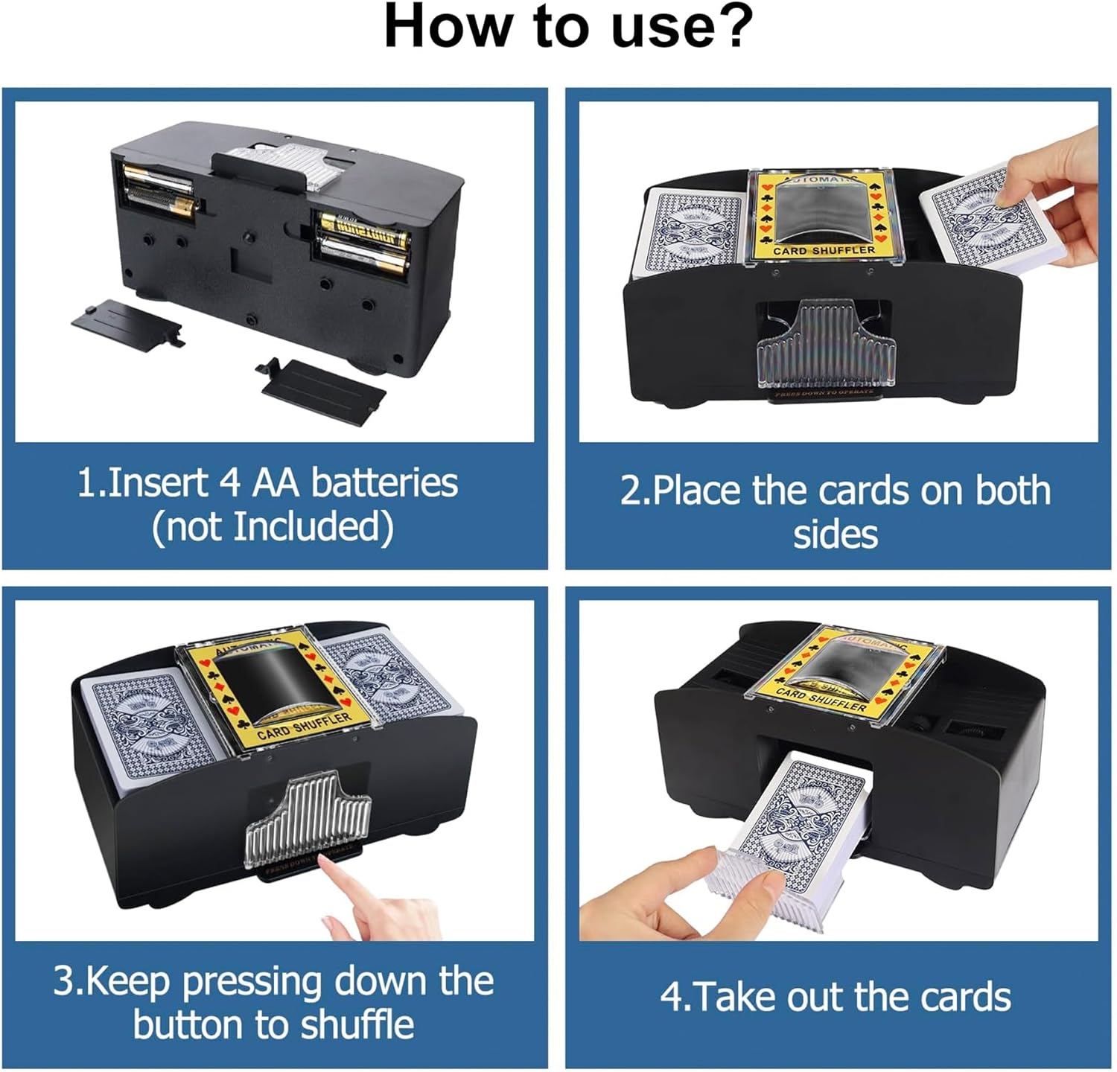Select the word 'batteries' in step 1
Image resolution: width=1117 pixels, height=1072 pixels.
(x=384, y=482)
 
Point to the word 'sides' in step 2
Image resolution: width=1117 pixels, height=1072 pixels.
(x=835, y=535)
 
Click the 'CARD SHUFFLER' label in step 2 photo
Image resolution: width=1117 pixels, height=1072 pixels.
(x=824, y=251)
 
